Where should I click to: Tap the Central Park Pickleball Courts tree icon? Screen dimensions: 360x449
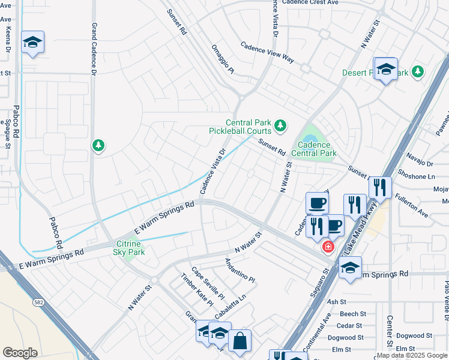[280, 126]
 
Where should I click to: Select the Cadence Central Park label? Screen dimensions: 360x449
[313, 149]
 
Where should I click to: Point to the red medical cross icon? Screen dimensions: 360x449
[328, 247]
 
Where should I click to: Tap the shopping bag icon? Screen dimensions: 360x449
[240, 341]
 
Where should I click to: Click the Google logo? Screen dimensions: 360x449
[20, 353]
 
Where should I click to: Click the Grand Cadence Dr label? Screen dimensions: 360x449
[94, 49]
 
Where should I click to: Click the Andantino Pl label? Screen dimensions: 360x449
[240, 271]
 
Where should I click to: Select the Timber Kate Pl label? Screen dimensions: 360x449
[197, 289]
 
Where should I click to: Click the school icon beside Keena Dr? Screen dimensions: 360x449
[32, 42]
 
